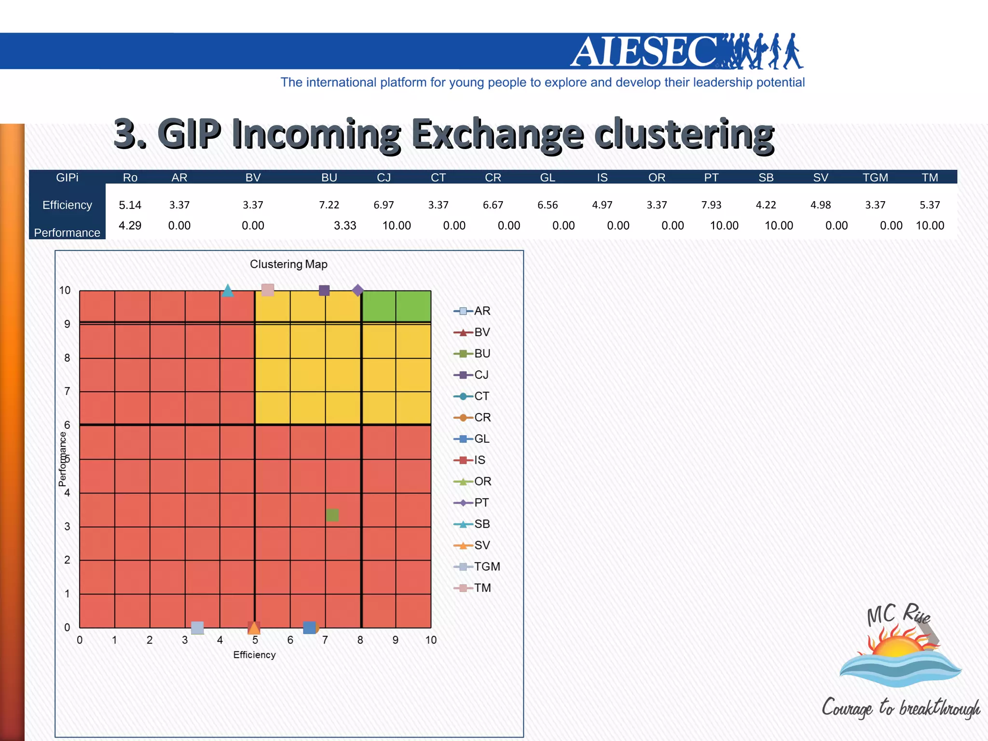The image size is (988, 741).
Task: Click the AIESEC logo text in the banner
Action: tap(644, 52)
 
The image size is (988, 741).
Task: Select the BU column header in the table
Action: tap(329, 178)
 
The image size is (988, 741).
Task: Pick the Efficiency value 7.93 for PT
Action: tap(711, 205)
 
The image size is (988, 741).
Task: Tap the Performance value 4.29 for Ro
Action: tap(130, 226)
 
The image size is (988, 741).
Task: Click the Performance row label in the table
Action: tap(67, 233)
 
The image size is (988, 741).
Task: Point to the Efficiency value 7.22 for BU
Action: tap(329, 205)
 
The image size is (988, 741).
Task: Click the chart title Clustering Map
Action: tap(288, 264)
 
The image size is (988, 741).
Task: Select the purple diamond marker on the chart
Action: tap(357, 290)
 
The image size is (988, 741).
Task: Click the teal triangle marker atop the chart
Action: tap(228, 290)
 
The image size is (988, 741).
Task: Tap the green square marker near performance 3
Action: tap(332, 515)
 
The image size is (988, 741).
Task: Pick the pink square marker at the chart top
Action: tap(268, 289)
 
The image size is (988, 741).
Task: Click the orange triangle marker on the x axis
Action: tap(254, 628)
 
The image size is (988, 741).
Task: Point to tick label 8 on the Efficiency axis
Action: tap(360, 640)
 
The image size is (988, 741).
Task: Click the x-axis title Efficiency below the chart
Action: tap(254, 655)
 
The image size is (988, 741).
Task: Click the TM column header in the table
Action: tap(930, 178)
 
